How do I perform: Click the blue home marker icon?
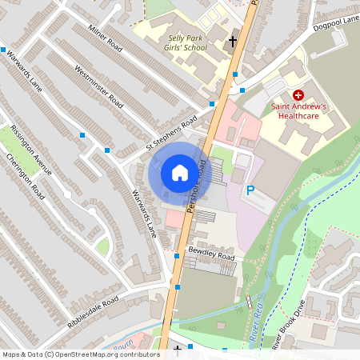(180, 173)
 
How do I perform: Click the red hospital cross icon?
(298, 94)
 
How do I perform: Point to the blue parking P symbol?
(250, 191)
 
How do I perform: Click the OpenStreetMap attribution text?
(81, 354)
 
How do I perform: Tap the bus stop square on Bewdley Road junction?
(177, 257)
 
